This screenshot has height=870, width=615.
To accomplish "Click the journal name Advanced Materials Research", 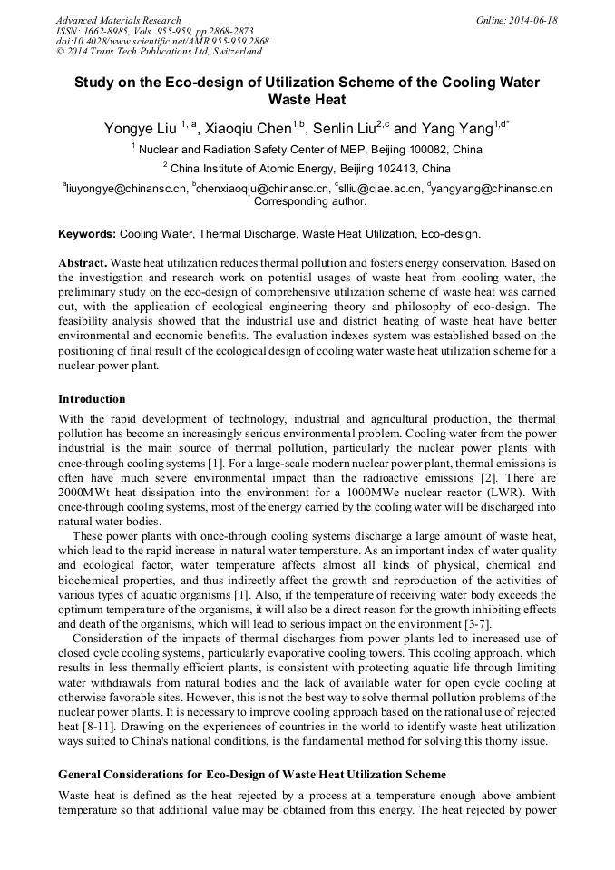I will pyautogui.click(x=118, y=20).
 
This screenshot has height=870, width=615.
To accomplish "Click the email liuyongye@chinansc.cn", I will pyautogui.click(x=127, y=189).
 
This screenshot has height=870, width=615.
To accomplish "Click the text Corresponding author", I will pyautogui.click(x=310, y=201).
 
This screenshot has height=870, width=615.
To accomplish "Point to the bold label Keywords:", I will pyautogui.click(x=87, y=233).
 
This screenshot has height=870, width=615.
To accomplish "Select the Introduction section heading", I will pyautogui.click(x=92, y=399).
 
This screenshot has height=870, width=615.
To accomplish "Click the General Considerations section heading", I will pyautogui.click(x=251, y=775).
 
